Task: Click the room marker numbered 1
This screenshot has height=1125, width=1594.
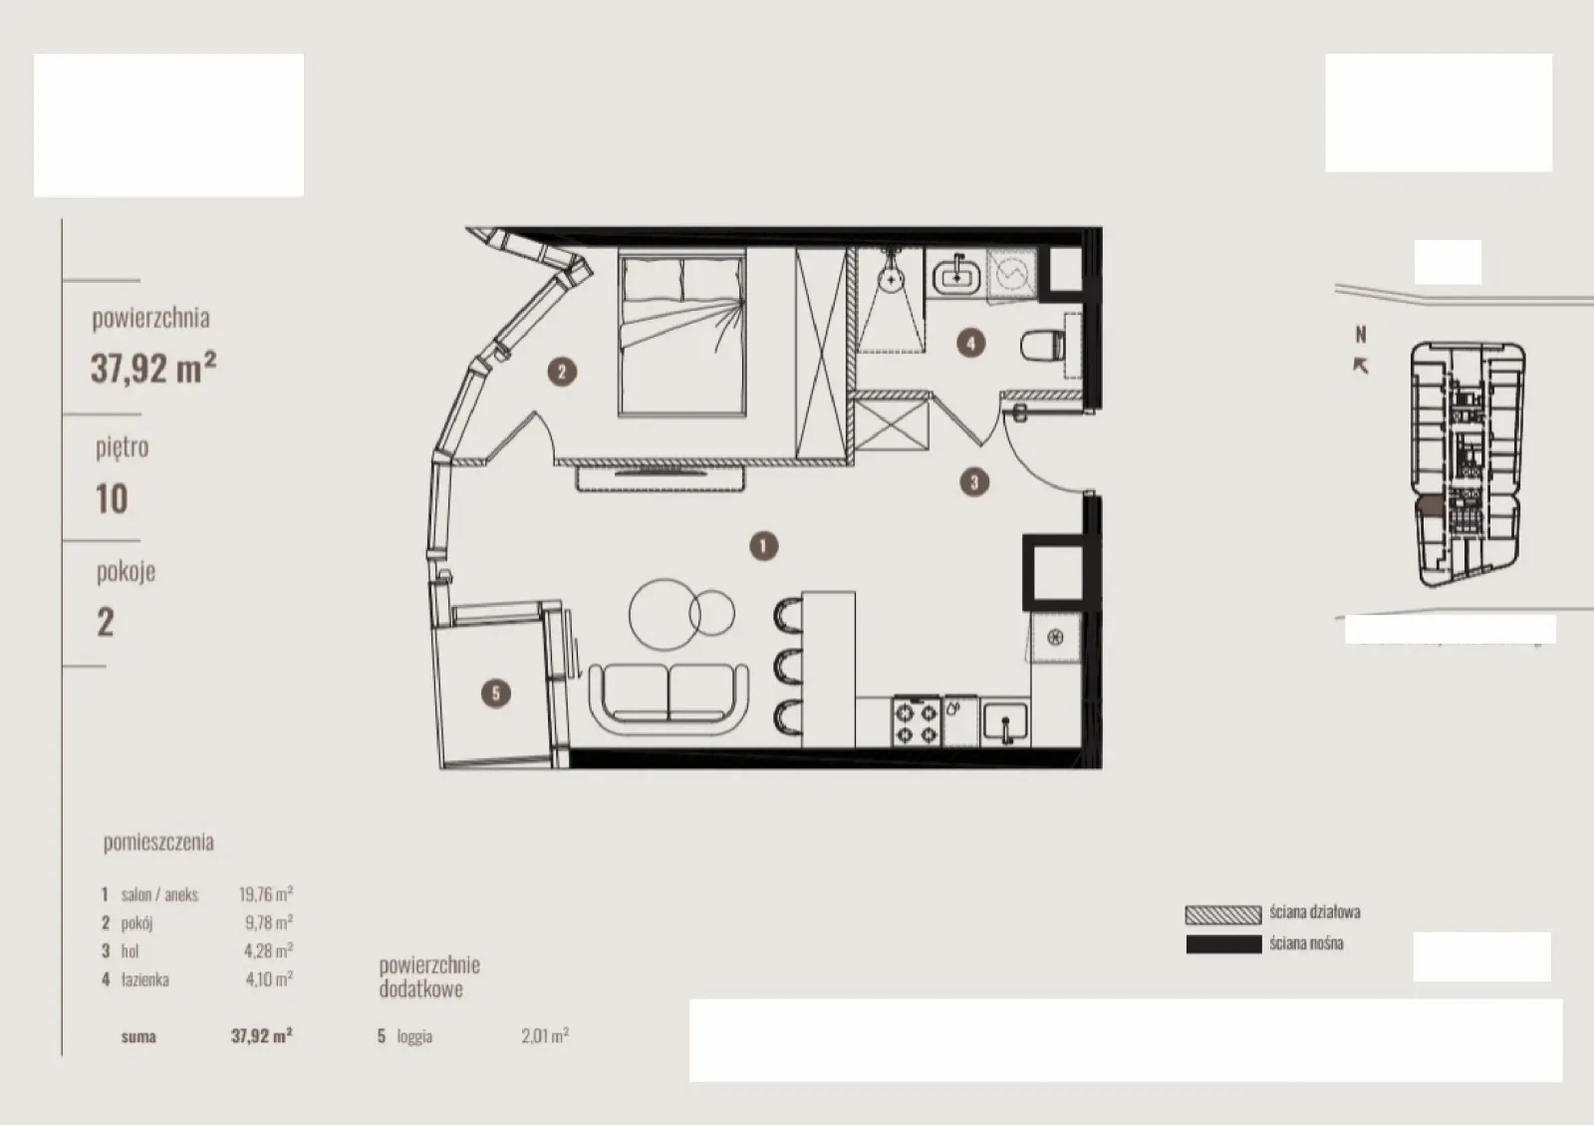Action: pyautogui.click(x=763, y=546)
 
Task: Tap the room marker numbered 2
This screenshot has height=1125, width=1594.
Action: pyautogui.click(x=562, y=372)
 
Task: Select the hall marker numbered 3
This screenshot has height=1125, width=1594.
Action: pyautogui.click(x=974, y=482)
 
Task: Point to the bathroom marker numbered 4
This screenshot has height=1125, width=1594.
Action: pyautogui.click(x=970, y=343)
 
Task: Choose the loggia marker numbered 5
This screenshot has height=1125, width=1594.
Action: pyautogui.click(x=496, y=694)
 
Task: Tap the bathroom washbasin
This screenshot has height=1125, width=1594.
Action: pyautogui.click(x=956, y=274)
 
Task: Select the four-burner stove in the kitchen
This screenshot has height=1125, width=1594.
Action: pyautogui.click(x=917, y=721)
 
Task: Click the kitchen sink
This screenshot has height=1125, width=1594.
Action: pyautogui.click(x=1005, y=723)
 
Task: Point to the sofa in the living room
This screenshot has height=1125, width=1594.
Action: pyautogui.click(x=668, y=699)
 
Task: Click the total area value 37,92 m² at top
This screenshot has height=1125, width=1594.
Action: pyautogui.click(x=153, y=368)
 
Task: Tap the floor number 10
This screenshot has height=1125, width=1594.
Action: pyautogui.click(x=112, y=499)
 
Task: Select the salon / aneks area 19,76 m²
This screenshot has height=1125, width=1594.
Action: pyautogui.click(x=266, y=894)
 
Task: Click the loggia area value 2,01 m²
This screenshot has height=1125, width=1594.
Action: pyautogui.click(x=544, y=1035)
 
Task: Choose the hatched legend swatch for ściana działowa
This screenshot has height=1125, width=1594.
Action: pyautogui.click(x=1223, y=915)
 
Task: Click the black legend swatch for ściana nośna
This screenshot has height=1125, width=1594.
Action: pyautogui.click(x=1223, y=945)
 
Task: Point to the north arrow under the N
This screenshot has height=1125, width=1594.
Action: pyautogui.click(x=1360, y=366)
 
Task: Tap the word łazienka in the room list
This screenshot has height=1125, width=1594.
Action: pyautogui.click(x=145, y=980)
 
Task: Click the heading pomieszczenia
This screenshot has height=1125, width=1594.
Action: pyautogui.click(x=158, y=843)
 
